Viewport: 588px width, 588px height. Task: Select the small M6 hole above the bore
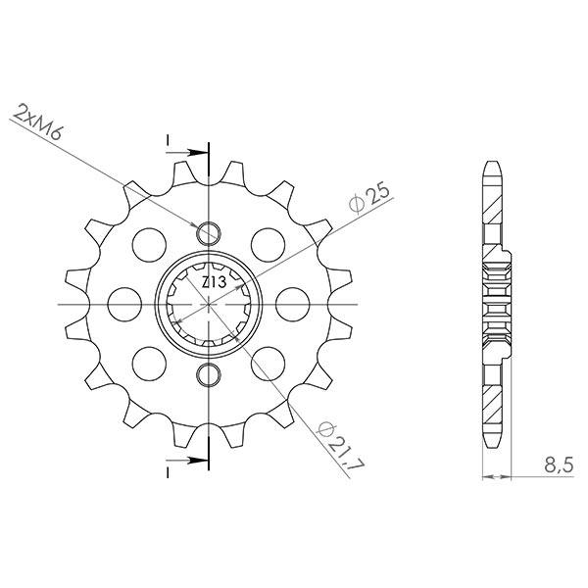(208, 233)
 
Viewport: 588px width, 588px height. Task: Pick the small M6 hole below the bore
(208, 374)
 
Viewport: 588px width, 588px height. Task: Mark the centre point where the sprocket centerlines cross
(208, 305)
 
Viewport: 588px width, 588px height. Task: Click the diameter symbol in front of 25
(357, 203)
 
